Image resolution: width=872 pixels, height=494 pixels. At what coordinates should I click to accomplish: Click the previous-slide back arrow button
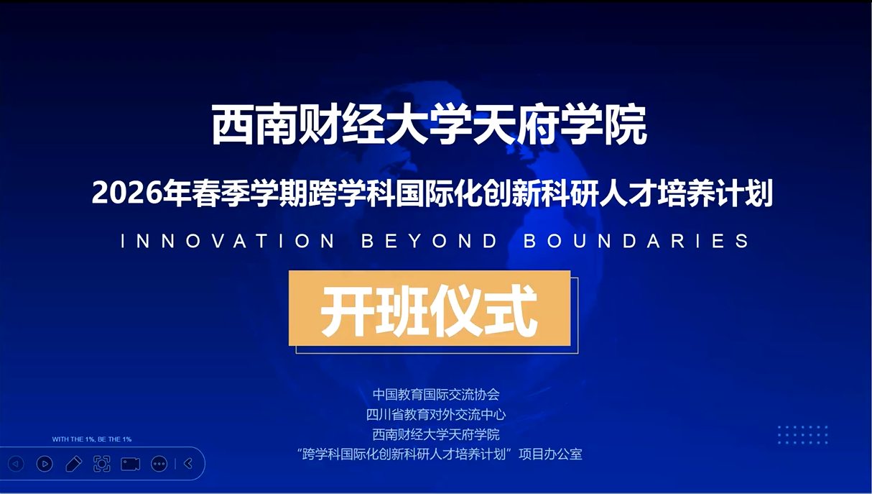tap(16, 464)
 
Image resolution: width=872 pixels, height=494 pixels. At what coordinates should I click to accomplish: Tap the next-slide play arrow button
tap(45, 464)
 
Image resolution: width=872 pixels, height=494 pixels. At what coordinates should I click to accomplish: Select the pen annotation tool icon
tap(73, 464)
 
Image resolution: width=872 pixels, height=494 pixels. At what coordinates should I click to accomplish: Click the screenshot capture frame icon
tap(101, 464)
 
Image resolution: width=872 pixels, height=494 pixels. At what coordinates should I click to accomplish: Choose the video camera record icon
tap(131, 464)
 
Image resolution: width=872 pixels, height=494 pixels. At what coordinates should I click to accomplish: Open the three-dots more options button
tap(159, 464)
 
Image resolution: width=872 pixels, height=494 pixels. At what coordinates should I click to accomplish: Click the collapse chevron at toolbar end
tap(188, 464)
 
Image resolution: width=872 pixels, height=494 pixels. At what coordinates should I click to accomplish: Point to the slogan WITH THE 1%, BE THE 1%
tap(92, 439)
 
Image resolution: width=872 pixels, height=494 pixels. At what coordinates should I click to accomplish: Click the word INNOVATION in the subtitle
tap(228, 241)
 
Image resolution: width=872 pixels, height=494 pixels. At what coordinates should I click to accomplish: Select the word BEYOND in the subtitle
tap(430, 241)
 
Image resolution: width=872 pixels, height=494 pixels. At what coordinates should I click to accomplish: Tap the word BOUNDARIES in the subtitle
tap(636, 241)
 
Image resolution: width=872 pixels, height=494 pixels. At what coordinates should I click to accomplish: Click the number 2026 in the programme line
tap(127, 193)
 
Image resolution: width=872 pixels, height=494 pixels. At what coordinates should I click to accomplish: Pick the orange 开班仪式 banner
tap(430, 308)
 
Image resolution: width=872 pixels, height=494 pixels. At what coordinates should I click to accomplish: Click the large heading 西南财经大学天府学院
tap(429, 124)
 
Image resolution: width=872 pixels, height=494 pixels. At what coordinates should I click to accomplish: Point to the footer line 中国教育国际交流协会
tap(436, 395)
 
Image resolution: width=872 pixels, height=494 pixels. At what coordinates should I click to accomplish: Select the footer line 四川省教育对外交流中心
tap(436, 414)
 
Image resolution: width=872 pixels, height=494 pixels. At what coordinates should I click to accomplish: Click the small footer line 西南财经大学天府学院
tap(436, 434)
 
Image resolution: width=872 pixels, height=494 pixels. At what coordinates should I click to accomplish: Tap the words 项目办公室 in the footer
tap(550, 454)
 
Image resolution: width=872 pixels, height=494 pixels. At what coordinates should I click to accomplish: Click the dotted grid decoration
tap(803, 435)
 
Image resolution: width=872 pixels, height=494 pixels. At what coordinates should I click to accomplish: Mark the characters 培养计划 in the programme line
tap(715, 193)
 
